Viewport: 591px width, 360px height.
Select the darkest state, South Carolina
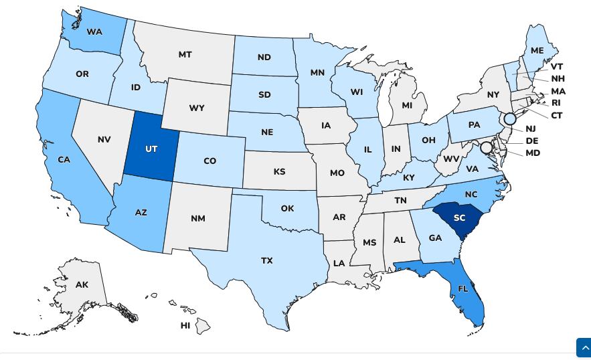[x=459, y=218]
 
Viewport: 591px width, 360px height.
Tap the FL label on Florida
[x=463, y=288]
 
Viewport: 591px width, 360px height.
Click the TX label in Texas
[x=267, y=260]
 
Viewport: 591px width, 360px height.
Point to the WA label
[x=94, y=32]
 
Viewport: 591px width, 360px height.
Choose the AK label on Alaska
[x=82, y=284]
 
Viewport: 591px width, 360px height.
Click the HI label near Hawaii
[x=185, y=325]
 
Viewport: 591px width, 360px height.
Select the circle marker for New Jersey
[x=510, y=119]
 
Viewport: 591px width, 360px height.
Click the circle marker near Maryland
[x=487, y=147]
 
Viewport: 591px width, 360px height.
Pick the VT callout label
[x=557, y=67]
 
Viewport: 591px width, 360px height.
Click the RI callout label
[x=556, y=103]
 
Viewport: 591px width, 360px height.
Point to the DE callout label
[x=532, y=141]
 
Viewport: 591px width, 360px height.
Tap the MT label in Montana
[x=185, y=55]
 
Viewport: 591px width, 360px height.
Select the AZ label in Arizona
[x=141, y=212]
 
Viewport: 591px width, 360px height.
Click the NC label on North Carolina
[x=471, y=195]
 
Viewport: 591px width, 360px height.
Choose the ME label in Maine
[x=537, y=50]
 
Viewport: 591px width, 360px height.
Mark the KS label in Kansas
[x=279, y=172]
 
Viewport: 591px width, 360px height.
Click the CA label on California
[x=64, y=160]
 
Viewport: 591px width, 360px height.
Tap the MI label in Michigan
[x=407, y=105]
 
